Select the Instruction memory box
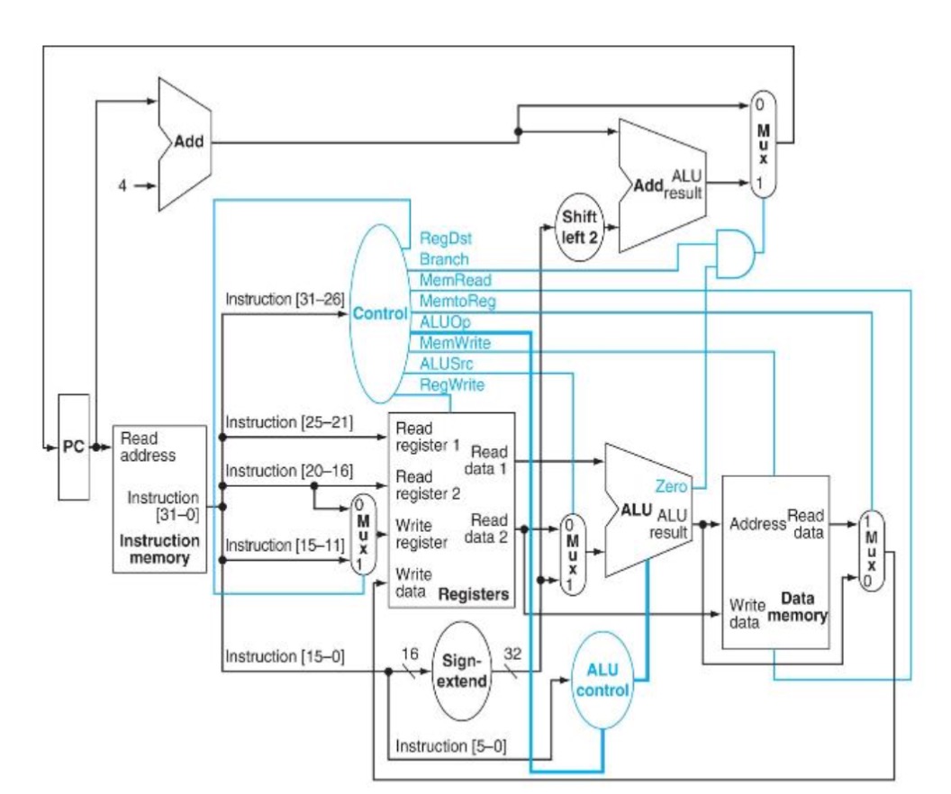tap(158, 498)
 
